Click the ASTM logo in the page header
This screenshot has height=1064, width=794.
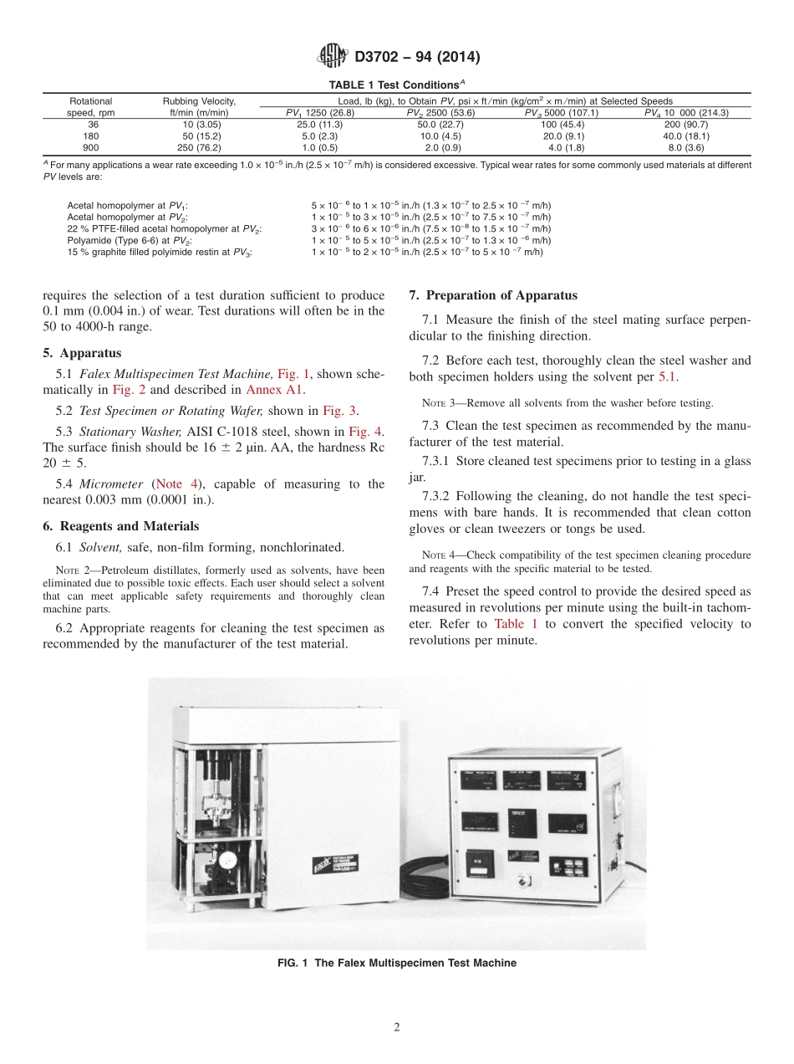(x=333, y=57)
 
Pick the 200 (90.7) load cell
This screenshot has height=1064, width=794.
(x=685, y=124)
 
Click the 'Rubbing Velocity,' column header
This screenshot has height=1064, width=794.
(x=199, y=101)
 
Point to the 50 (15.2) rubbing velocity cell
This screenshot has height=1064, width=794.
(x=199, y=136)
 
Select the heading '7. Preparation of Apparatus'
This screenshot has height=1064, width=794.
(x=492, y=295)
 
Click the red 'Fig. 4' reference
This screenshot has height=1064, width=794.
(x=366, y=432)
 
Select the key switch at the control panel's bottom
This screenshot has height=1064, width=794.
(x=524, y=881)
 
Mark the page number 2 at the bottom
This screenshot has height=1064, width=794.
(x=396, y=1027)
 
